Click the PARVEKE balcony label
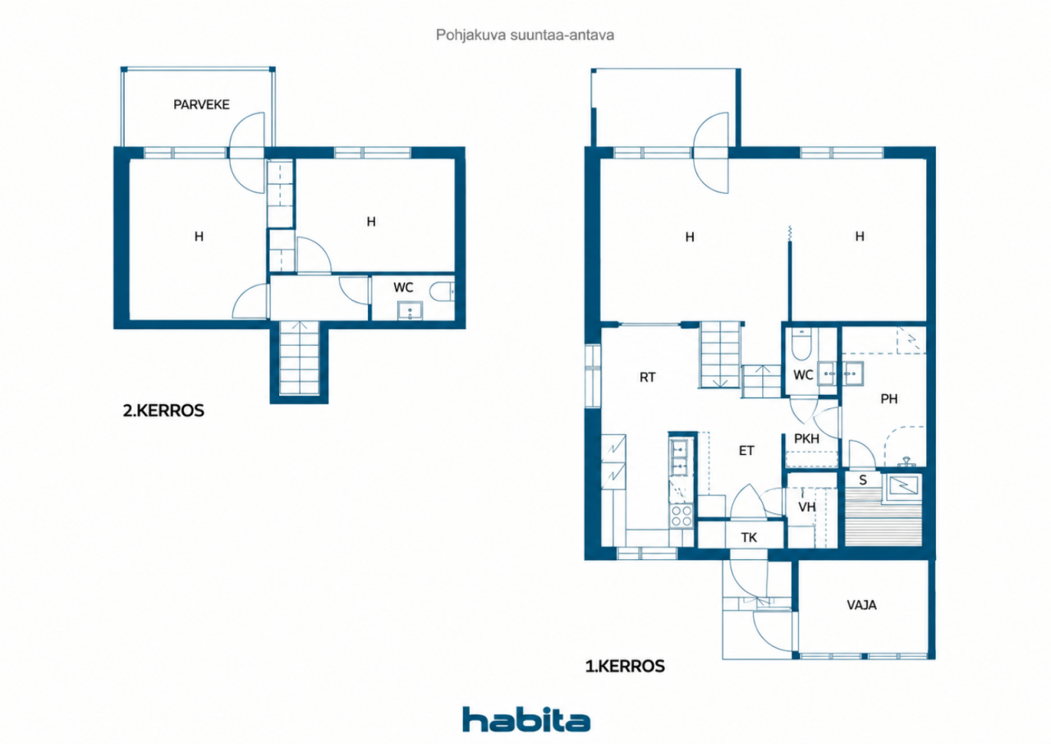tap(201, 104)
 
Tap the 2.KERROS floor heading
tap(163, 411)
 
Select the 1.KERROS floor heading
tap(625, 666)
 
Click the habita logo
tap(526, 719)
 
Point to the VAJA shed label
tap(861, 605)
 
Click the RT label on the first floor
tap(648, 377)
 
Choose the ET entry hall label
tap(746, 451)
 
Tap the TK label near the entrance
tap(749, 537)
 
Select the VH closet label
tap(807, 507)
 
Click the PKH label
tap(806, 439)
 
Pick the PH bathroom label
tap(888, 399)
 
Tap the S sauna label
tap(862, 480)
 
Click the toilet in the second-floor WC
tap(442, 291)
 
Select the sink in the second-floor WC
tap(410, 311)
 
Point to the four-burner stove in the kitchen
tap(681, 516)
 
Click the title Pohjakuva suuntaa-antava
tap(525, 35)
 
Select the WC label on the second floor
tap(403, 287)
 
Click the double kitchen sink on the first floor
tap(679, 457)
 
